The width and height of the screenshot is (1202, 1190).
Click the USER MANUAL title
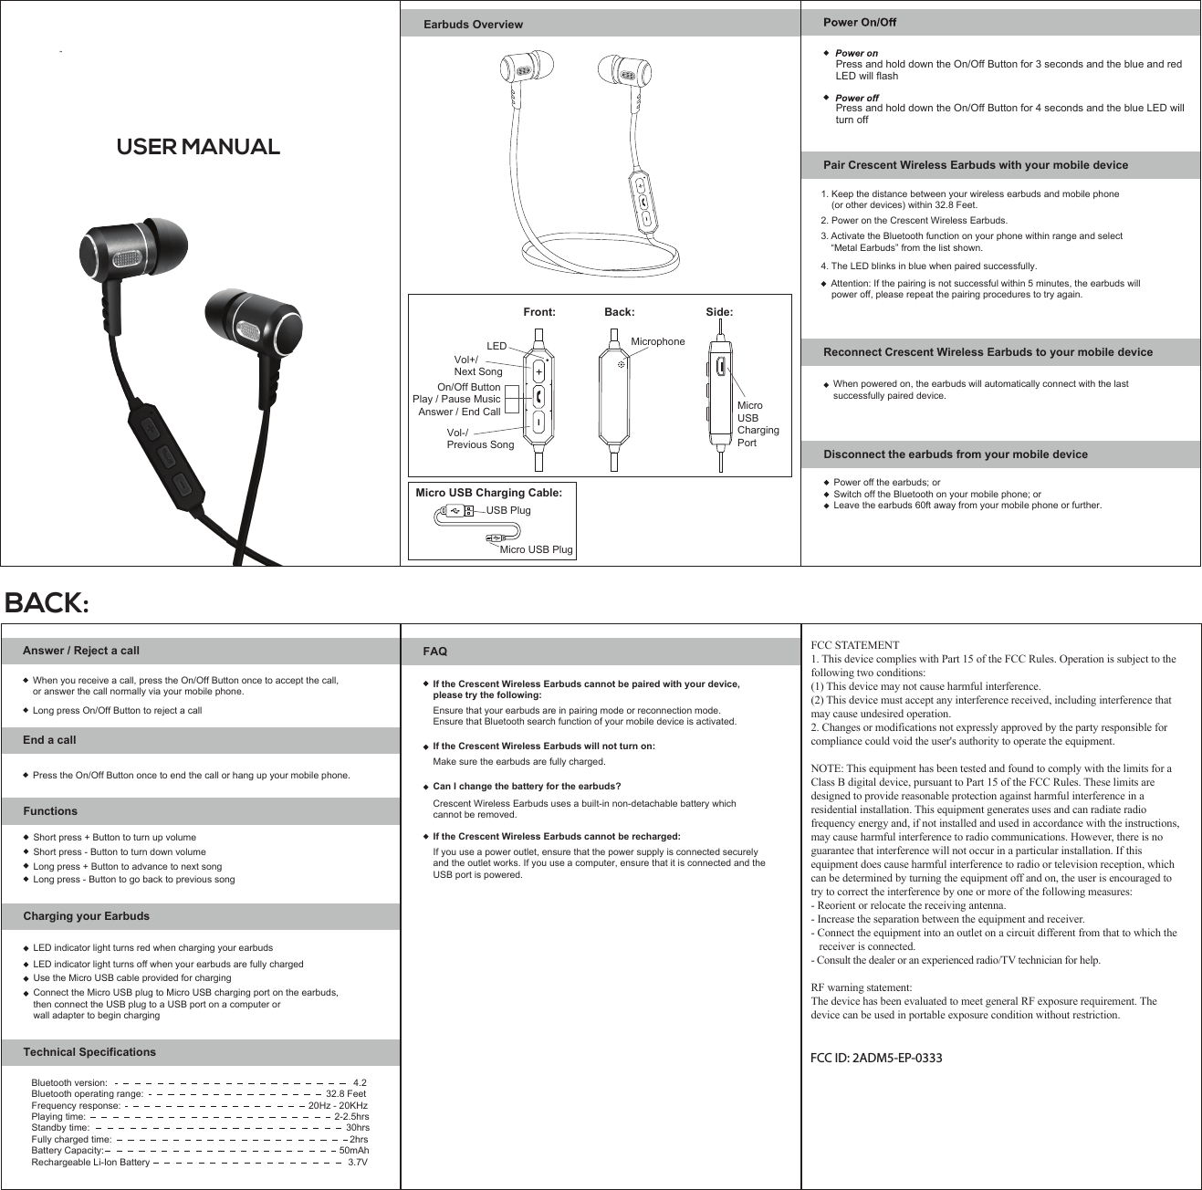click(x=198, y=147)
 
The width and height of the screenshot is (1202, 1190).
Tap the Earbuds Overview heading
click(x=473, y=25)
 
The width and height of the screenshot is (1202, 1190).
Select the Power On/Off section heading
click(x=860, y=22)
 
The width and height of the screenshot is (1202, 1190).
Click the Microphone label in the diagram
click(x=657, y=341)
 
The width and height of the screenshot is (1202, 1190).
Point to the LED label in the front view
click(x=496, y=347)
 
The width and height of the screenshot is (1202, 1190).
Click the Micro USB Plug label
click(x=536, y=549)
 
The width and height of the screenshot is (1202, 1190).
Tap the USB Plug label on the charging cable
click(x=507, y=510)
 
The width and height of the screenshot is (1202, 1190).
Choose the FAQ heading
click(x=435, y=652)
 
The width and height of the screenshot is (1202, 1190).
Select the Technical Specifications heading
click(x=89, y=1052)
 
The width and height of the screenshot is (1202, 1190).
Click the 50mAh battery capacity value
click(x=354, y=1151)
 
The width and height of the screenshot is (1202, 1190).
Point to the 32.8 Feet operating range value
click(x=346, y=1093)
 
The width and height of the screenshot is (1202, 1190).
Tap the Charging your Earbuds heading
click(x=86, y=916)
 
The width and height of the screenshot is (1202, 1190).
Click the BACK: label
click(x=47, y=603)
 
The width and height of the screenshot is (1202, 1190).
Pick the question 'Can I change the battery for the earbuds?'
click(x=527, y=787)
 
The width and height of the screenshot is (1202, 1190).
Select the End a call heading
click(x=49, y=740)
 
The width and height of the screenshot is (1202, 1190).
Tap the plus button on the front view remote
click(x=538, y=372)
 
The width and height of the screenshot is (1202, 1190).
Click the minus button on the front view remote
click(x=538, y=423)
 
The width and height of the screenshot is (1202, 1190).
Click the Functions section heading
click(x=50, y=811)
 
